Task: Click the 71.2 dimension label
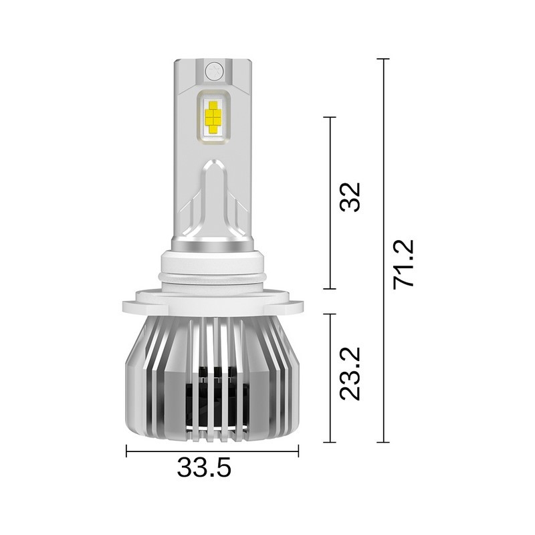tap(405, 263)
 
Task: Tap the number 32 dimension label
tap(350, 197)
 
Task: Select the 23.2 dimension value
tap(350, 373)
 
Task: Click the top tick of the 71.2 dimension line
tap(383, 60)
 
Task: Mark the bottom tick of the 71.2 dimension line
tap(383, 442)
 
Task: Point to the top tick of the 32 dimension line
tap(329, 117)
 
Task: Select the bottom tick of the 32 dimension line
tap(329, 289)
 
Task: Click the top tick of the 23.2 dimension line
tap(329, 314)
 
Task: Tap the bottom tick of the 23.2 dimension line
tap(329, 442)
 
